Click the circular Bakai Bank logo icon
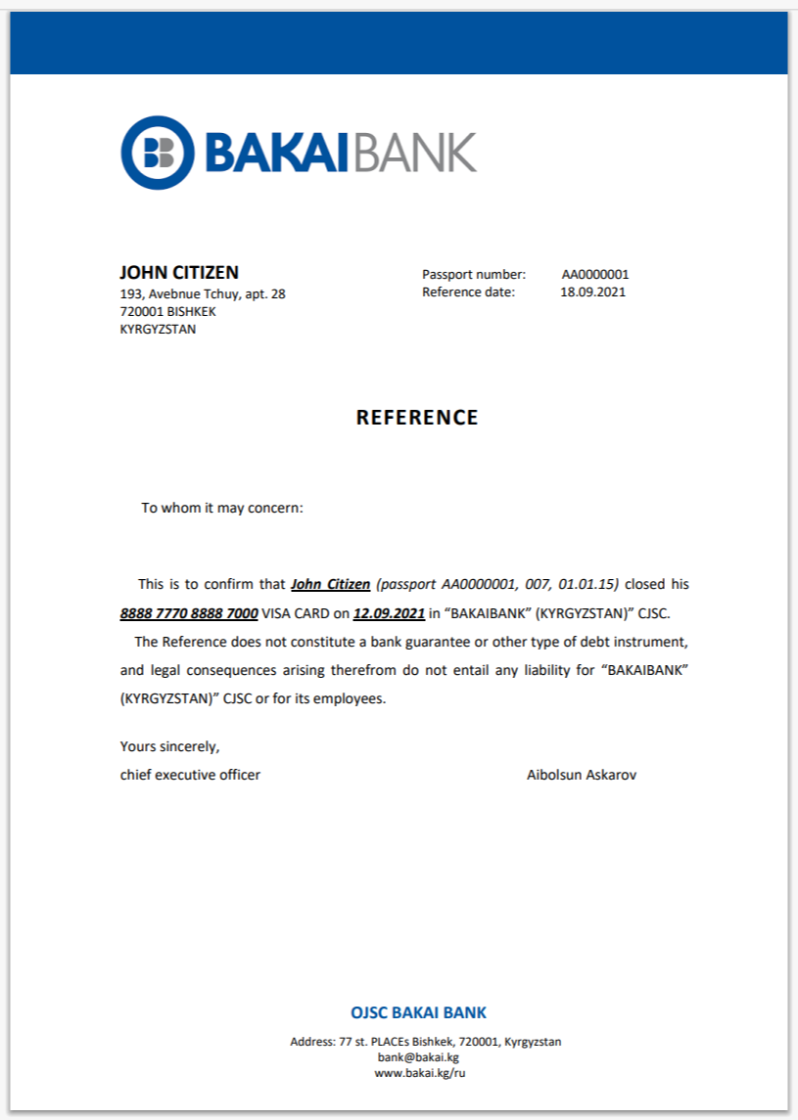157,153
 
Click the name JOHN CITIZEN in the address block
179,273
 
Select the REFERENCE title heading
417,418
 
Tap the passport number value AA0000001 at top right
595,275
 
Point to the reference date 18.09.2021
592,291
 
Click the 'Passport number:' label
474,275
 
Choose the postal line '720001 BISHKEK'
167,311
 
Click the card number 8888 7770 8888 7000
189,613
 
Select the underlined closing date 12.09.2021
389,613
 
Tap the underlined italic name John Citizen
331,584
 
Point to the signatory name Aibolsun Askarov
582,775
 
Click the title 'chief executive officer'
190,775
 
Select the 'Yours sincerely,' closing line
169,746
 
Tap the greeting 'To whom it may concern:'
222,508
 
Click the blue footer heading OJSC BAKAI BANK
418,1013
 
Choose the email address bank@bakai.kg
418,1057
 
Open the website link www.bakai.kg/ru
418,1073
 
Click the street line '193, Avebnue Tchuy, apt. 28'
203,293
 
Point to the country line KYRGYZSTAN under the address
158,329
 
